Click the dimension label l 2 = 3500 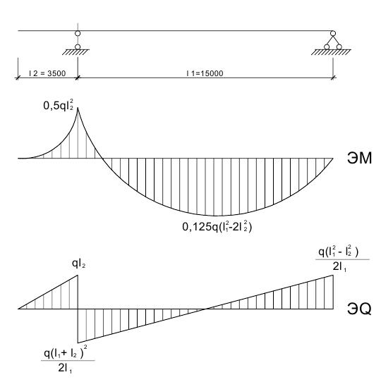click(47, 73)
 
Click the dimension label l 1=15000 click(205, 73)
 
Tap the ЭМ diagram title click(359, 158)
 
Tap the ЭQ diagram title click(359, 309)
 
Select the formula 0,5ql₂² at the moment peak click(59, 105)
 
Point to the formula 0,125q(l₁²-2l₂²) click(217, 226)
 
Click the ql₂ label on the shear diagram click(78, 264)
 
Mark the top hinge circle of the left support click(78, 33)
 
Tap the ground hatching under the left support click(75, 52)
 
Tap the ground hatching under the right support click(331, 52)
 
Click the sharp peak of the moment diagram click(78, 107)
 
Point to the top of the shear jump click(78, 275)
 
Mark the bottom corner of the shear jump click(78, 343)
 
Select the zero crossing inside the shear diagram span click(206, 309)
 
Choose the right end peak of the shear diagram click(333, 275)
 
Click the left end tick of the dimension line click(18, 78)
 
